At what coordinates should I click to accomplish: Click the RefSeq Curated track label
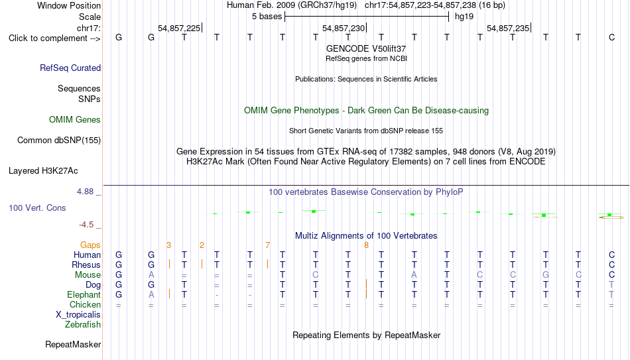(x=70, y=68)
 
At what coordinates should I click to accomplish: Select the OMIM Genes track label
(x=75, y=120)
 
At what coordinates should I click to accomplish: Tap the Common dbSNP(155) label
(x=59, y=141)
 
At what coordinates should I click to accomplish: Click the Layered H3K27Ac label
(x=43, y=171)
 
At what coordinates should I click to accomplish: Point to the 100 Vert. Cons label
(x=37, y=208)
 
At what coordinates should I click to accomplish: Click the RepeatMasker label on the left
(x=73, y=344)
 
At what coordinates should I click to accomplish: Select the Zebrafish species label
(x=83, y=324)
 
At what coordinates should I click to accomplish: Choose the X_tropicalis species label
(x=78, y=315)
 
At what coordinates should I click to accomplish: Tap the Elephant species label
(x=84, y=294)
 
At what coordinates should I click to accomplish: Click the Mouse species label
(x=88, y=275)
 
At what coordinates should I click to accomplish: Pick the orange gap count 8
(x=366, y=245)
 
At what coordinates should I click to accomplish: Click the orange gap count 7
(x=268, y=245)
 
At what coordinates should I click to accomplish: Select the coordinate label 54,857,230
(x=344, y=28)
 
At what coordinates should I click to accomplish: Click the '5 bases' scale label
(x=267, y=17)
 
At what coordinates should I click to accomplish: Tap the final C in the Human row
(x=611, y=255)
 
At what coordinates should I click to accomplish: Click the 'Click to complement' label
(x=54, y=38)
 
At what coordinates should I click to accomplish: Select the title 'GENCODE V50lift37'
(x=366, y=48)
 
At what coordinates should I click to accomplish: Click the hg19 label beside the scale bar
(x=464, y=17)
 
